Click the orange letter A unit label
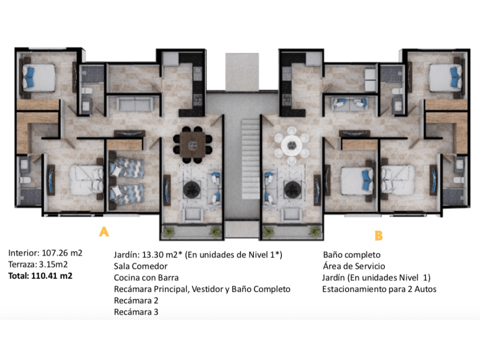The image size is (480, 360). tap(104, 231)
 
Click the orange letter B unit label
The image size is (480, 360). tap(379, 236)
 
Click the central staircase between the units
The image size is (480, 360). tap(251, 159)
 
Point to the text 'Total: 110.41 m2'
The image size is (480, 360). tap(40, 276)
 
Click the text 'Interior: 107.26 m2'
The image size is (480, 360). tap(45, 253)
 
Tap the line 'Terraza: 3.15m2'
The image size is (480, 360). tap(38, 264)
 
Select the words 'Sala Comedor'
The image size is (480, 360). tap(141, 266)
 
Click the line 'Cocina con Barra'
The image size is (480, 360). tap(146, 278)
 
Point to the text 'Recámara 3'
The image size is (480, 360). tap(136, 312)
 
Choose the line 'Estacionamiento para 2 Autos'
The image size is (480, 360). tap(379, 289)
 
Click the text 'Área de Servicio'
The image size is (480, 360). tap(354, 266)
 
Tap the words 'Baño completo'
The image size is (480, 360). tap(352, 255)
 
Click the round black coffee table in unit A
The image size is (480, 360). tap(192, 189)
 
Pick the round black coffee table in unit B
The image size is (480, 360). tap(293, 189)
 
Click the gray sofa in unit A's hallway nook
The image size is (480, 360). tap(135, 104)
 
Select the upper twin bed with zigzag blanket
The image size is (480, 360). tap(126, 168)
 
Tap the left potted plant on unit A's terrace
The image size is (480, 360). tap(168, 231)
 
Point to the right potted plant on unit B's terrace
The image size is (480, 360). tap(315, 231)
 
